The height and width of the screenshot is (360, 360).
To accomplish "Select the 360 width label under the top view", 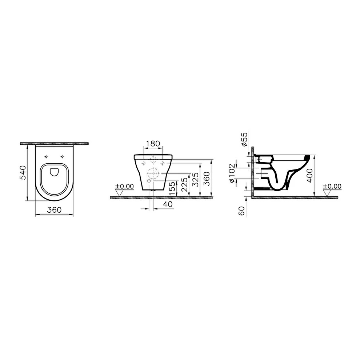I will point(54,210).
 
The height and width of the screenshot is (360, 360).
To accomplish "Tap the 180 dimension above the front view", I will point(153,143).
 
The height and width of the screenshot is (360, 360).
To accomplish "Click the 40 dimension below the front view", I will point(168,204).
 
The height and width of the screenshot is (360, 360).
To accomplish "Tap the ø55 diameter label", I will point(245,139).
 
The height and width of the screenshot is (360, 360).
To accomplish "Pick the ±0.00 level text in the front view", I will point(124,187).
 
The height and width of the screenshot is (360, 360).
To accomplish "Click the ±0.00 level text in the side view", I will point(332,187).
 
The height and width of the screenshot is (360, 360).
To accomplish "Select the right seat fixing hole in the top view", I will point(63,157).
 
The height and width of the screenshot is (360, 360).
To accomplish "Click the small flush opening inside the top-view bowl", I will point(54,172).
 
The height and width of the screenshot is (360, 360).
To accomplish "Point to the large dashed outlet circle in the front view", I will point(153,173).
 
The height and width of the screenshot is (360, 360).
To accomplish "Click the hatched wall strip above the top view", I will point(54,144).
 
